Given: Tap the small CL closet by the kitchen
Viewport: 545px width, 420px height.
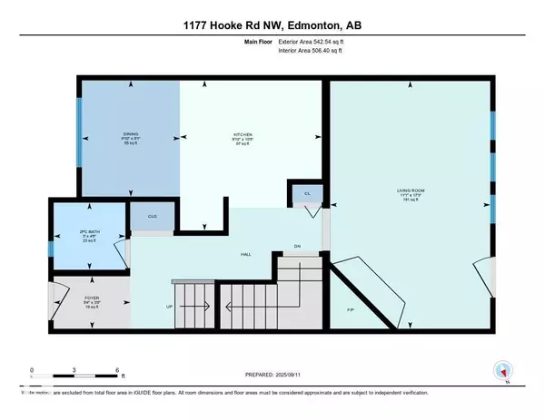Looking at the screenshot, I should (x=305, y=193).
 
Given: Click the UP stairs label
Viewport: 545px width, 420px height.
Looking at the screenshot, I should (x=169, y=307).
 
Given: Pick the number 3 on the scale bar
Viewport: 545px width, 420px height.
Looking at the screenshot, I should (x=75, y=370).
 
